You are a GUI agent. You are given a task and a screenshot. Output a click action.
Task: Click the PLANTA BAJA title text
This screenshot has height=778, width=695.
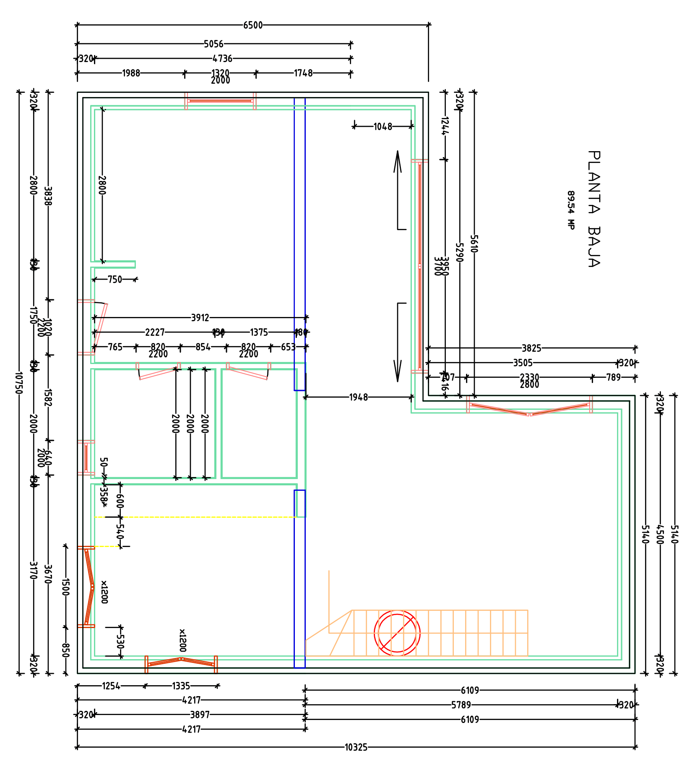point(594,209)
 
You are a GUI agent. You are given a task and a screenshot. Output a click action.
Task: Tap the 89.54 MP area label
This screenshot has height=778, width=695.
point(570,210)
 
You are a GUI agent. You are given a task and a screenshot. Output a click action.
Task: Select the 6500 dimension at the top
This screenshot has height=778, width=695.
point(253,25)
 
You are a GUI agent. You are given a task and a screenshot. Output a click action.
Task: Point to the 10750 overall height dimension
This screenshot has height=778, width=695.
point(18,382)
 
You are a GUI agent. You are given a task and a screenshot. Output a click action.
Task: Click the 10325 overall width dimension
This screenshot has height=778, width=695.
point(356,747)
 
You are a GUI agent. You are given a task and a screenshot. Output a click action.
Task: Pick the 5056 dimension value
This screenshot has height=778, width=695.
point(213,44)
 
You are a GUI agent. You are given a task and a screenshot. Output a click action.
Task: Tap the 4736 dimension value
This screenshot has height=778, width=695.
point(222,58)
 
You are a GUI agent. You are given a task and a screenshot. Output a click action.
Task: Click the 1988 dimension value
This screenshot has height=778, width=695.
point(131,73)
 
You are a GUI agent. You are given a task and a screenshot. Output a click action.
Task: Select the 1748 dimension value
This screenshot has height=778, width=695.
point(303,73)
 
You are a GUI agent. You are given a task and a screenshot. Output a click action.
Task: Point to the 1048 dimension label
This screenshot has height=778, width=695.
point(383,126)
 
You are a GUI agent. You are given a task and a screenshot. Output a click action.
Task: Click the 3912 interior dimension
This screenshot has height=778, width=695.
point(200,318)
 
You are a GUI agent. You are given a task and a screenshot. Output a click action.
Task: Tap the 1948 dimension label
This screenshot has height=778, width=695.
point(358,397)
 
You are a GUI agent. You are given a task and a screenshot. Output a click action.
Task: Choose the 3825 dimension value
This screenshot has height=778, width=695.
point(531,348)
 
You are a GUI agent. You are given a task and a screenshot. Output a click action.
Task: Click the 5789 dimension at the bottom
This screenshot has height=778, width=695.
point(461,705)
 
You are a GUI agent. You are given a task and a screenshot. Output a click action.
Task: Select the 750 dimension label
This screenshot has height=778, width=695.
point(115,280)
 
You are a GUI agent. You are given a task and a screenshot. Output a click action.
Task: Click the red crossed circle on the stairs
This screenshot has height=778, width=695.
point(397,633)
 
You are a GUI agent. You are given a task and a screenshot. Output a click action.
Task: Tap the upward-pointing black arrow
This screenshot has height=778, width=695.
point(398,162)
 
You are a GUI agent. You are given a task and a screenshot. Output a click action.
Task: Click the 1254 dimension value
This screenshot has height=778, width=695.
point(111,686)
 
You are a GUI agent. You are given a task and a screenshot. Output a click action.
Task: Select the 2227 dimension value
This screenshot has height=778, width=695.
point(155,333)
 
